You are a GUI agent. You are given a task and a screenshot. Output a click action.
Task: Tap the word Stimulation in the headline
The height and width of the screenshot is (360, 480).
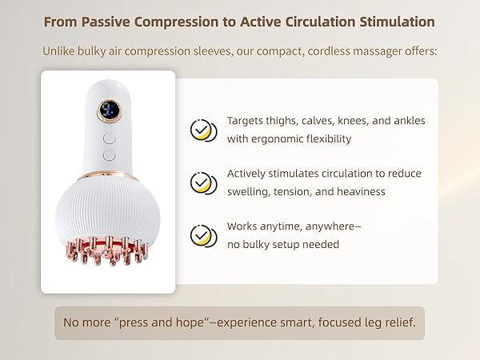(390, 22)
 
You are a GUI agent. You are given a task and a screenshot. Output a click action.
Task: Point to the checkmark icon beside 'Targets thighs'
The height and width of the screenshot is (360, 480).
(202, 130)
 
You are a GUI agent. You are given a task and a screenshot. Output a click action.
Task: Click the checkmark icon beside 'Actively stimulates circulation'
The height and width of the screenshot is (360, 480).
(202, 182)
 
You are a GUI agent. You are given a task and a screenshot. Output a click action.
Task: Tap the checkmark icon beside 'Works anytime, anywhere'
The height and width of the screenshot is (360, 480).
(202, 236)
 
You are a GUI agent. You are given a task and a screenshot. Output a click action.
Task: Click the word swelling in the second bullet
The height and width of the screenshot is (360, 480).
(248, 191)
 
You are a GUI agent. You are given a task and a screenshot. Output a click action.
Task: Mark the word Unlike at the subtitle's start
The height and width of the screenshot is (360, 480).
(61, 52)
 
